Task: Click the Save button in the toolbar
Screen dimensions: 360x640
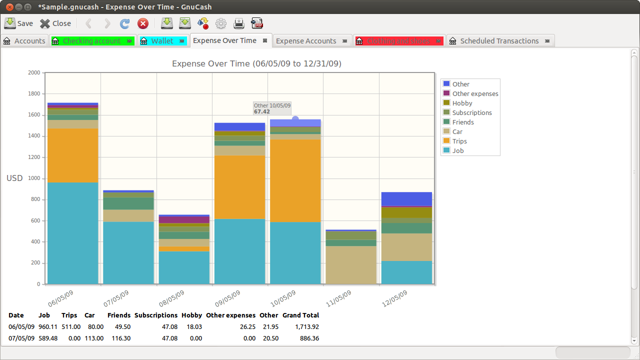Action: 18,23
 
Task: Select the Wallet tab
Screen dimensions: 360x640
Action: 162,41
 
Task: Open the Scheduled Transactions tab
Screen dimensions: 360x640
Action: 499,41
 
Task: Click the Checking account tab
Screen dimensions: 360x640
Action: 92,41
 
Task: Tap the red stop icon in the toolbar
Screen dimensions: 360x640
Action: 143,23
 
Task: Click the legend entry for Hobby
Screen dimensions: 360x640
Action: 462,103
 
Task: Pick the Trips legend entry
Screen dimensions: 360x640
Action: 459,141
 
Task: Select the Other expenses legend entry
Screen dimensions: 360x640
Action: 475,93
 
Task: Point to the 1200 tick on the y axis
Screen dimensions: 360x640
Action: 34,157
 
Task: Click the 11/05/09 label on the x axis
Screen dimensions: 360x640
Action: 338,298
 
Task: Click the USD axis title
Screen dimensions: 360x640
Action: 14,178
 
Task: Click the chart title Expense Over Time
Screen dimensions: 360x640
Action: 256,63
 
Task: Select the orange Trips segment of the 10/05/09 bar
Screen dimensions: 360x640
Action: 295,180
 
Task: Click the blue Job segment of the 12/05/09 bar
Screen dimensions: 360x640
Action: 406,272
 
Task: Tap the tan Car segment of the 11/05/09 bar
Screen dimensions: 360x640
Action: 351,265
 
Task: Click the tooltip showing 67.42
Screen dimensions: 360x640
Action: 272,108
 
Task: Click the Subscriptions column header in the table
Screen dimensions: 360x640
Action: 156,315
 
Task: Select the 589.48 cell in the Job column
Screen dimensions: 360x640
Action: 48,338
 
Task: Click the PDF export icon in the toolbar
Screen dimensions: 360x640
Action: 257,23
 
